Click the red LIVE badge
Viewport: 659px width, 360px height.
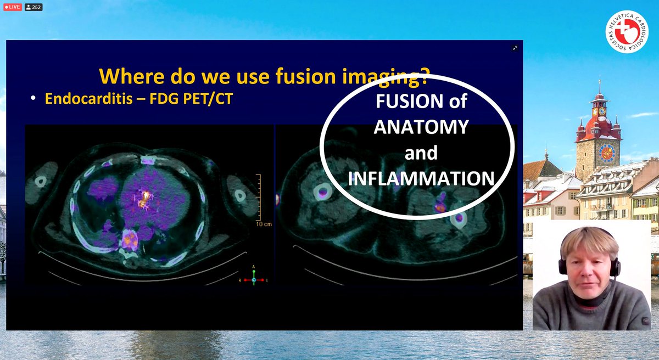(12, 8)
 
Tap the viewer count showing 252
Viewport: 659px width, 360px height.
(33, 8)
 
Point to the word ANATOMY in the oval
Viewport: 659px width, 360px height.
(421, 128)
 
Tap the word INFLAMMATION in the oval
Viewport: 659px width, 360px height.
(422, 178)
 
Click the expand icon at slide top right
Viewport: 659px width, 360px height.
(515, 48)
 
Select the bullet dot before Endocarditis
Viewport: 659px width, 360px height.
(34, 100)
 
